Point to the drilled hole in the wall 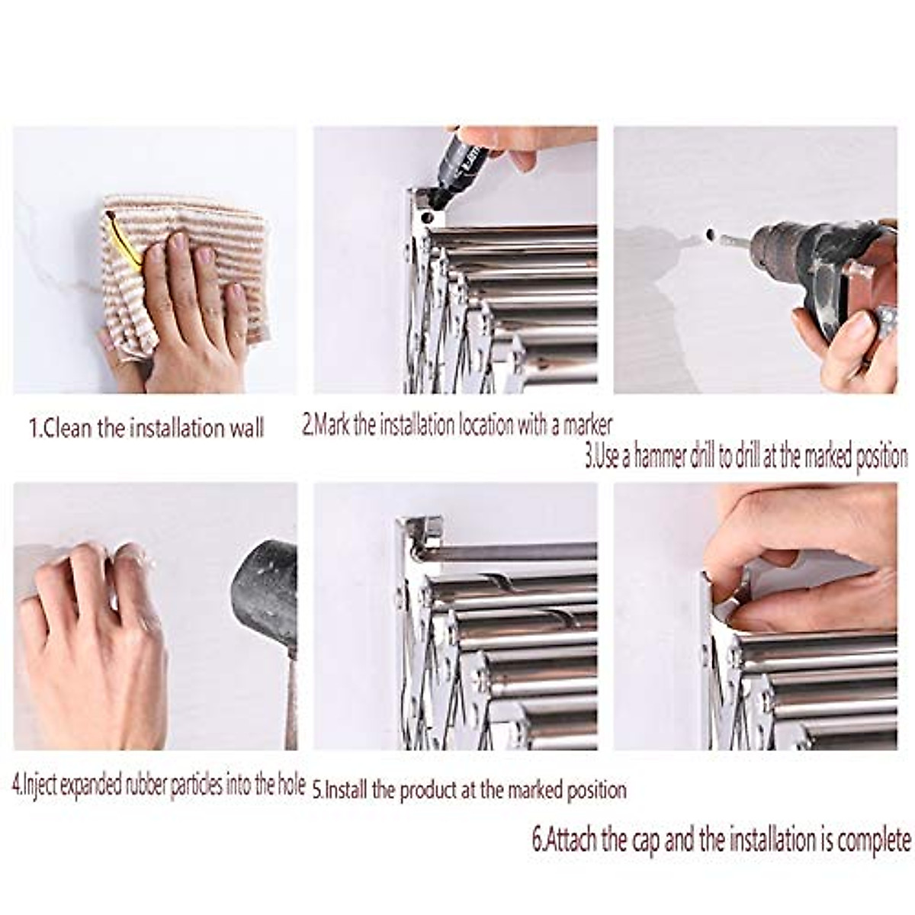click(x=711, y=234)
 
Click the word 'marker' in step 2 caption click(x=587, y=425)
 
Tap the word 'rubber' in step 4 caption click(x=144, y=785)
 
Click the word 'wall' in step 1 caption click(x=246, y=428)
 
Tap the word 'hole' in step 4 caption click(x=289, y=785)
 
